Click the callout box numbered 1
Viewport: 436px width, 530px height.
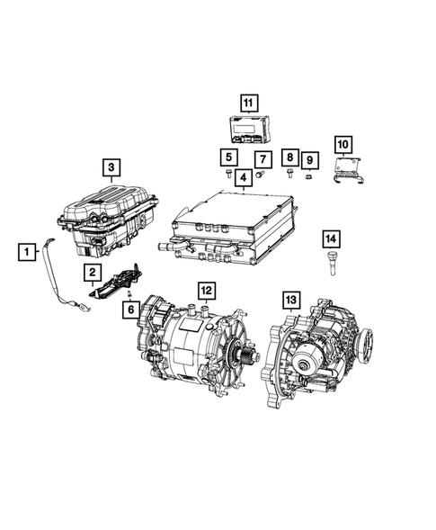click(x=29, y=252)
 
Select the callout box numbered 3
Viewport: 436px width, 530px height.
click(x=111, y=166)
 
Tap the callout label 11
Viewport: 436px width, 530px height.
click(x=248, y=102)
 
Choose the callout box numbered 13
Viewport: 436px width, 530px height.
click(x=290, y=297)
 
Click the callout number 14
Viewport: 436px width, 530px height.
click(x=331, y=238)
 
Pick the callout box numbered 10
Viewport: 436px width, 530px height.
click(x=343, y=144)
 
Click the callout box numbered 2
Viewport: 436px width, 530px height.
click(x=92, y=270)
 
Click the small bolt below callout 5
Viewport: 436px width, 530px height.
click(x=230, y=172)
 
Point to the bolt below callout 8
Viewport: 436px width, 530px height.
click(x=289, y=172)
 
